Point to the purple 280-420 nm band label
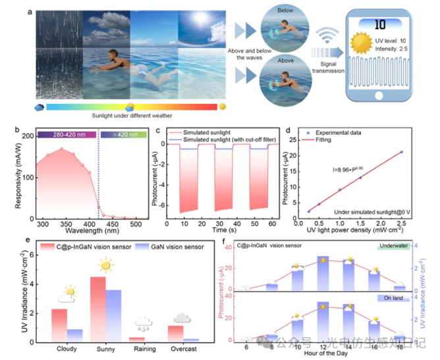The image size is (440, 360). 62,134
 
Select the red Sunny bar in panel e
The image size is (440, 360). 97,309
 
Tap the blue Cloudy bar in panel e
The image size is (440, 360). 74,335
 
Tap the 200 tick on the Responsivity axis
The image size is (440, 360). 27,136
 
